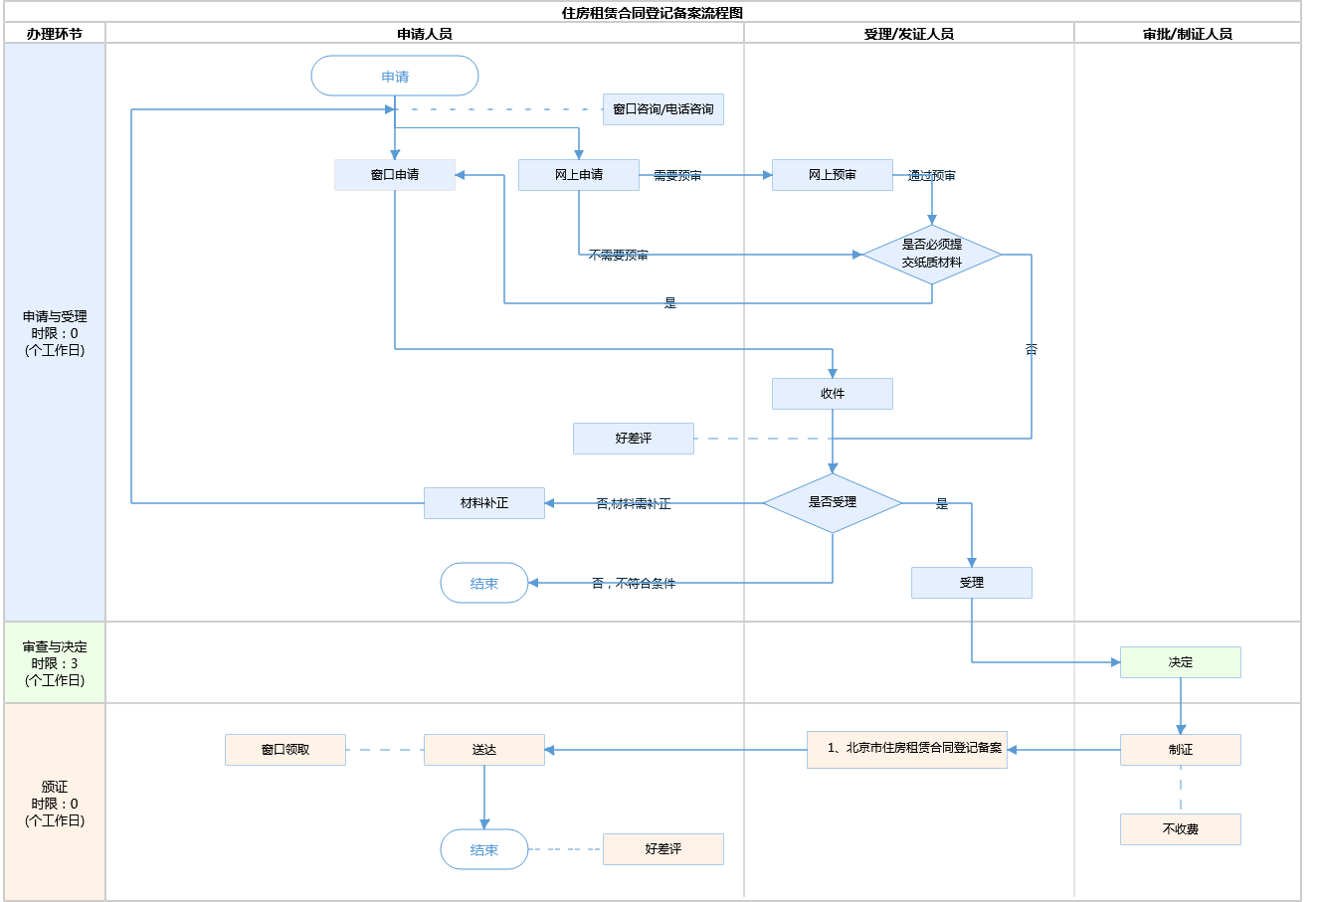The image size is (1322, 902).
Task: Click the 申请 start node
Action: coord(395,77)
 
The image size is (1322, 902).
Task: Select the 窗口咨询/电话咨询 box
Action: coord(662,109)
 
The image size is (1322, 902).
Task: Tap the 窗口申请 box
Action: coord(395,175)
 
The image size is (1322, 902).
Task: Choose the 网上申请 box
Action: coord(579,175)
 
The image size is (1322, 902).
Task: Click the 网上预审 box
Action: coord(833,175)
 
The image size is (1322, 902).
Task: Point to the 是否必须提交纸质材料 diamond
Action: coord(932,255)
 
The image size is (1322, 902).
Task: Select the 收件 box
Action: coord(833,394)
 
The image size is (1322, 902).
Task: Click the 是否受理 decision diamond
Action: coord(833,503)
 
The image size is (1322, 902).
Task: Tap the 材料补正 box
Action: coord(484,503)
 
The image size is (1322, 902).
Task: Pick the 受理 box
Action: coord(972,583)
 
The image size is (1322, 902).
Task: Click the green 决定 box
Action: coord(1181,662)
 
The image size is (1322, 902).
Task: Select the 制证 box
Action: coord(1181,750)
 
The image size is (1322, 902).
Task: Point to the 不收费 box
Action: coord(1181,829)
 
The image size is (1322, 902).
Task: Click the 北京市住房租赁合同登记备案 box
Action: coord(907,749)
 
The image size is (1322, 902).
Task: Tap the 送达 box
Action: coord(484,750)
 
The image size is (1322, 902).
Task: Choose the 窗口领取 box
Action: coord(285,750)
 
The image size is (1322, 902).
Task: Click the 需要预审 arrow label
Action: coord(677,176)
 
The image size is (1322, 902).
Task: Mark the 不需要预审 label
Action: coord(618,256)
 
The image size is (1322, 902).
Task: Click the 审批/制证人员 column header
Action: coord(1188,34)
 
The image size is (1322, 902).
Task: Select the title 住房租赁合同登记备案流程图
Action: coord(653,13)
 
